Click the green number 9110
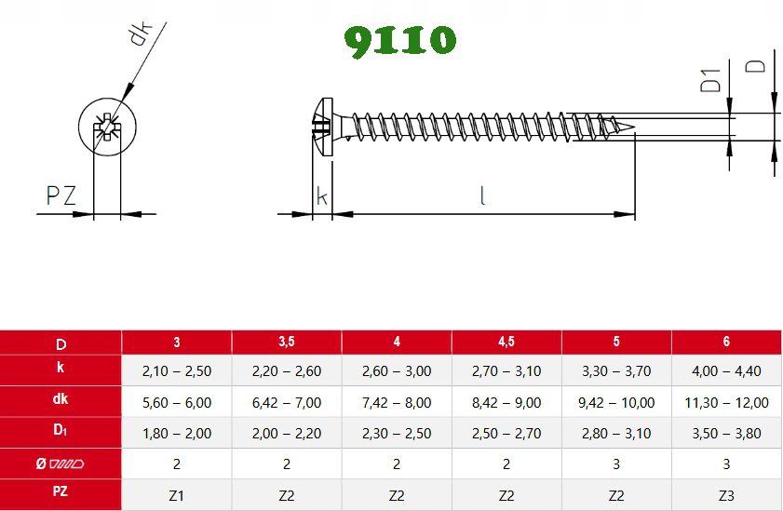pyautogui.click(x=400, y=40)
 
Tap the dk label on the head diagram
pyautogui.click(x=140, y=34)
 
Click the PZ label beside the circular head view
pyautogui.click(x=61, y=195)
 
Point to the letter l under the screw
pyautogui.click(x=482, y=195)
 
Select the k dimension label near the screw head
pyautogui.click(x=321, y=195)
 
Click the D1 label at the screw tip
pyautogui.click(x=710, y=80)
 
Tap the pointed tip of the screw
pyautogui.click(x=634, y=127)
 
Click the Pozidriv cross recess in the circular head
pyautogui.click(x=107, y=128)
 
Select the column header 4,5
pyautogui.click(x=506, y=342)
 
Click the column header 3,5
pyautogui.click(x=287, y=342)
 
